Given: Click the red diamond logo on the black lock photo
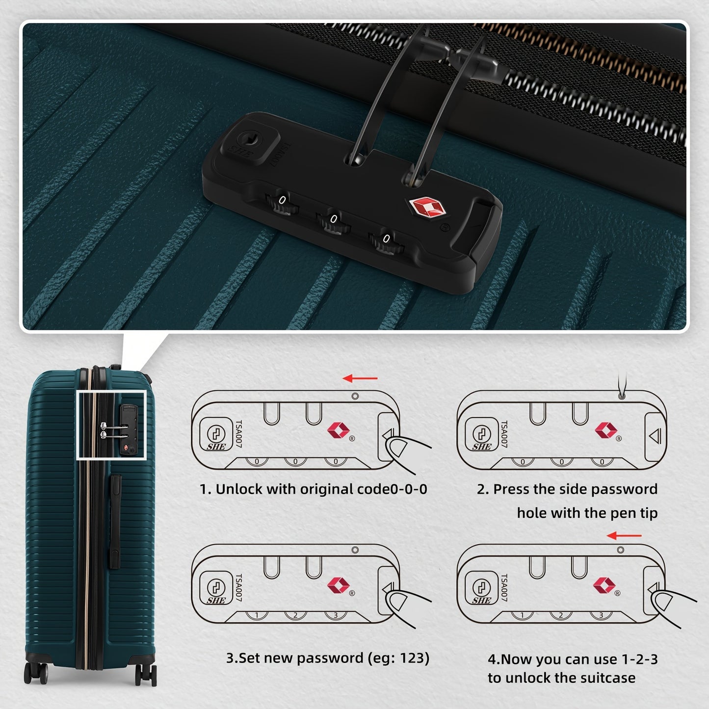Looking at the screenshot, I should click(x=426, y=207).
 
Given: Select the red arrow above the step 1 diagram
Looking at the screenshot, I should click(x=360, y=378).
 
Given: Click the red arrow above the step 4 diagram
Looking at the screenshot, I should click(x=624, y=536).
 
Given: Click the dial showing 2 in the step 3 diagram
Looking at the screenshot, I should click(x=295, y=615).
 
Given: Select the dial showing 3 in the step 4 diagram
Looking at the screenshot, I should click(x=601, y=615).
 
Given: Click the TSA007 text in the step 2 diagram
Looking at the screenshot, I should click(x=504, y=434).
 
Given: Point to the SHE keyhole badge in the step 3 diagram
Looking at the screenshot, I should click(x=216, y=589).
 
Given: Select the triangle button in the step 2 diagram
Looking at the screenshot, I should click(x=655, y=436).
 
